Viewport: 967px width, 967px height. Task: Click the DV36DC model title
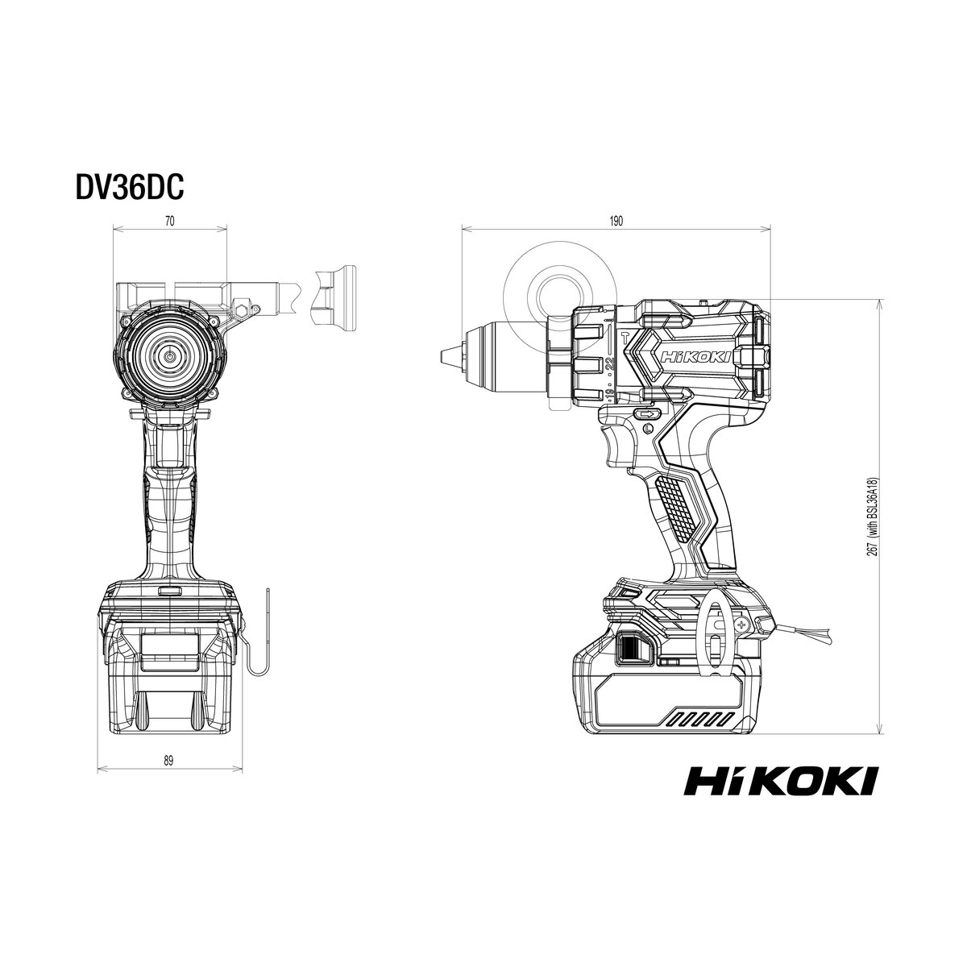click(x=130, y=187)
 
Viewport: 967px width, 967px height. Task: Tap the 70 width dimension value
click(x=169, y=221)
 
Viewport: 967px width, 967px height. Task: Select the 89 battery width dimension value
click(x=168, y=760)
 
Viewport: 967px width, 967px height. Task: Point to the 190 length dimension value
click(x=616, y=221)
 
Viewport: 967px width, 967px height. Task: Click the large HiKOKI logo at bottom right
click(x=781, y=780)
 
